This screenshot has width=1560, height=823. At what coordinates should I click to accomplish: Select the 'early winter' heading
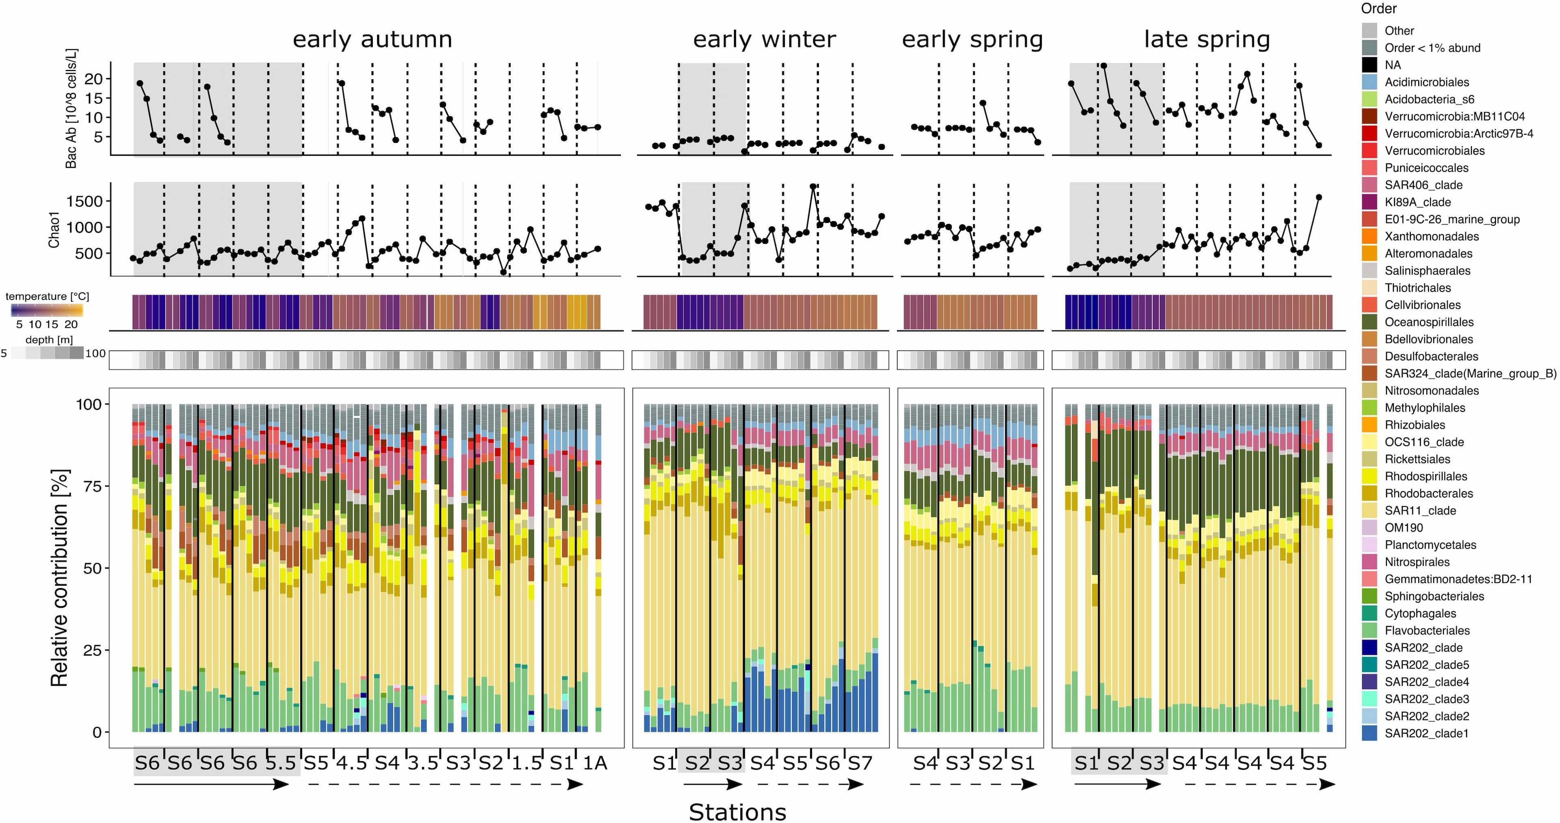pyautogui.click(x=764, y=39)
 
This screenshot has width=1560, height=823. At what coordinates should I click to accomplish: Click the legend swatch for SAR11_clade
pyautogui.click(x=1369, y=511)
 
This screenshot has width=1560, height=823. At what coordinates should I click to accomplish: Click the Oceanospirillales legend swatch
pyautogui.click(x=1369, y=322)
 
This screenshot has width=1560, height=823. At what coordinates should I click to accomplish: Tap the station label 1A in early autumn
pyautogui.click(x=595, y=763)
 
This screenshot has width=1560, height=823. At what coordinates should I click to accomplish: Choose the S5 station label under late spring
pyautogui.click(x=1314, y=763)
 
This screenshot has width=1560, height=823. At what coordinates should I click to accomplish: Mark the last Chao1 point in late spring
pyautogui.click(x=1319, y=197)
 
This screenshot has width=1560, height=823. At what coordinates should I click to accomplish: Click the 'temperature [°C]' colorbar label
pyautogui.click(x=47, y=296)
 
